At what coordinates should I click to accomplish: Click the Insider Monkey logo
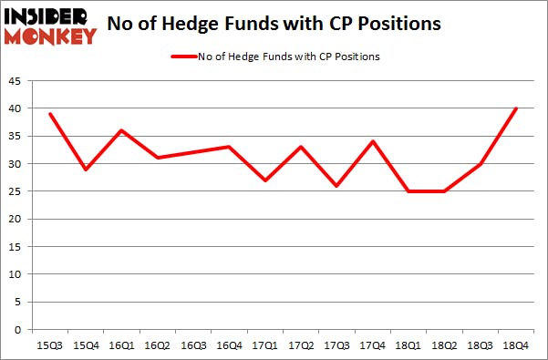pyautogui.click(x=50, y=26)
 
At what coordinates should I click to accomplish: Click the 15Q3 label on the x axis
pyautogui.click(x=49, y=345)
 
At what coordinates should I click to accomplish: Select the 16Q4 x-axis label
pyautogui.click(x=229, y=345)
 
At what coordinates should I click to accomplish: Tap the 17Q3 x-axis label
pyautogui.click(x=336, y=345)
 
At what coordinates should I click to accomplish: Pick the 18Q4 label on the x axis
pyautogui.click(x=516, y=345)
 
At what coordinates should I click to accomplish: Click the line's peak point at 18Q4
pyautogui.click(x=516, y=108)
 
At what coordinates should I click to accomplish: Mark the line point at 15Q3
pyautogui.click(x=49, y=114)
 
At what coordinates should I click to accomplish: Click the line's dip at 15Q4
pyautogui.click(x=86, y=170)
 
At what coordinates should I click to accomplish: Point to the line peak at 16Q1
pyautogui.click(x=121, y=130)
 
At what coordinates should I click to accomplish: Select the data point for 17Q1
pyautogui.click(x=264, y=180)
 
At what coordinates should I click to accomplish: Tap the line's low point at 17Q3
pyautogui.click(x=336, y=186)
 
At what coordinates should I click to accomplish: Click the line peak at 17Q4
pyautogui.click(x=372, y=141)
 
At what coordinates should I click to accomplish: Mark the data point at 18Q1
pyautogui.click(x=408, y=191)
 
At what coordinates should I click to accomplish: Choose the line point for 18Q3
pyautogui.click(x=481, y=164)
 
